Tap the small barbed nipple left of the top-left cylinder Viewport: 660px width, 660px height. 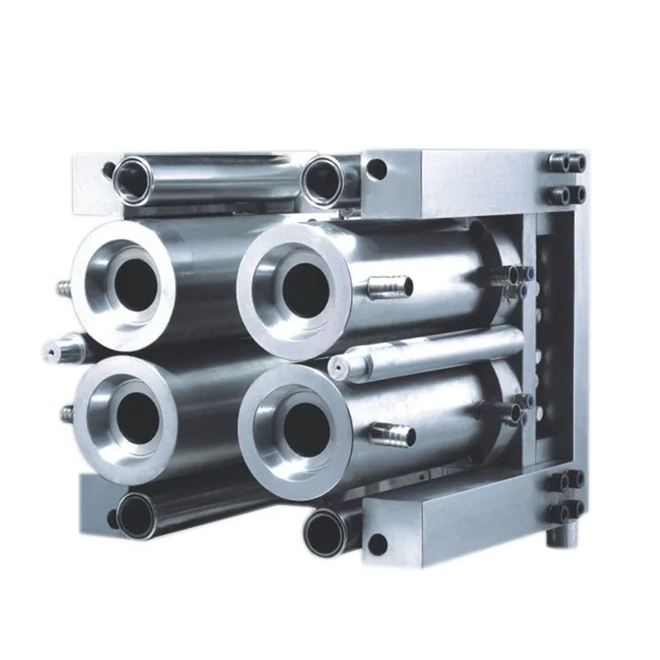pyautogui.click(x=63, y=287)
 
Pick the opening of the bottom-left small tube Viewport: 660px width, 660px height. pyautogui.click(x=136, y=514)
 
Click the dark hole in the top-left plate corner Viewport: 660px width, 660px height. pyautogui.click(x=107, y=170)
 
